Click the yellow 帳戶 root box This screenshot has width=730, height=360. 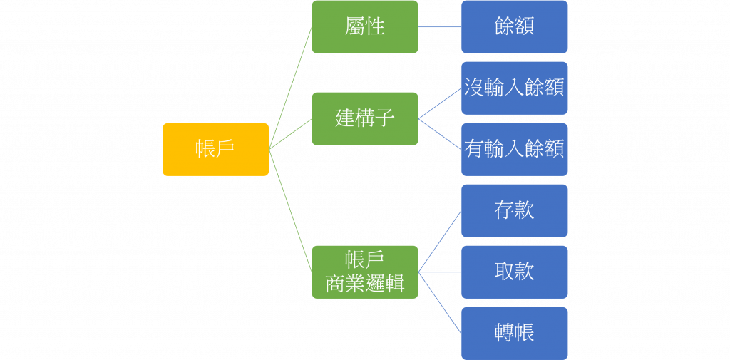click(x=215, y=149)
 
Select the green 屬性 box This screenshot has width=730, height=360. click(x=365, y=26)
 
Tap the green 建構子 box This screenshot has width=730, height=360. click(x=365, y=118)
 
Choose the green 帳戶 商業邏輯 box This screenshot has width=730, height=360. click(x=365, y=272)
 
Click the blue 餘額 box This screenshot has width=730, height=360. click(x=514, y=26)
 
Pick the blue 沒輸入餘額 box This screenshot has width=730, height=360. click(x=514, y=88)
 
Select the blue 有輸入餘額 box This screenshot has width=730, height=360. click(x=514, y=149)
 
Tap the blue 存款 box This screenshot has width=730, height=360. click(x=514, y=210)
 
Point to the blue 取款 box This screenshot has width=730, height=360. click(x=514, y=272)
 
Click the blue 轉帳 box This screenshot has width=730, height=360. click(x=514, y=333)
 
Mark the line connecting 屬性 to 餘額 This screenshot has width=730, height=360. click(x=440, y=27)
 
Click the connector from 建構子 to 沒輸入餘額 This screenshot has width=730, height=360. click(x=440, y=104)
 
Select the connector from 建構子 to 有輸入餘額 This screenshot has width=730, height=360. click(x=440, y=134)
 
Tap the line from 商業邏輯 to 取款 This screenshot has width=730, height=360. click(x=440, y=272)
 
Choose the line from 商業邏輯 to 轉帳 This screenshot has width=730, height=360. click(x=440, y=302)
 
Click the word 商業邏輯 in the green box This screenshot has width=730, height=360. click(x=365, y=284)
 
